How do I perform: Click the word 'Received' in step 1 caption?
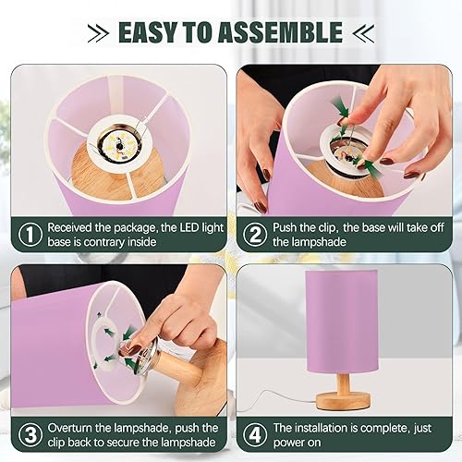click(74, 226)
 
